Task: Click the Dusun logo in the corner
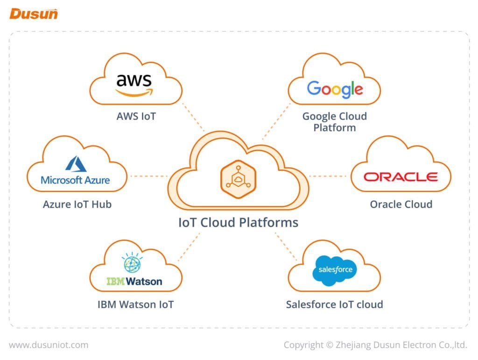coord(34,14)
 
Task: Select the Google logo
coord(335,89)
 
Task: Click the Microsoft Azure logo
coord(75,171)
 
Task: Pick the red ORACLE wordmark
coord(401,177)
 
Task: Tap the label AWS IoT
coord(136,116)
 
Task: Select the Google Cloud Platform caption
coord(335,122)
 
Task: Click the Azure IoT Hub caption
coord(77,204)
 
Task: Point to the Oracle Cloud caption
coord(401,204)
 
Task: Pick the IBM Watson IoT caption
coord(135,305)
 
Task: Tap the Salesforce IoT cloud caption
coord(334,305)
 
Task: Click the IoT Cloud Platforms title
coord(238,222)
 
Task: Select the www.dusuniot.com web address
coord(49,345)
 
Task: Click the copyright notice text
coord(375,345)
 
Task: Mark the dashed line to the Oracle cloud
coord(330,176)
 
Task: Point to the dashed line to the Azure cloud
coord(148,176)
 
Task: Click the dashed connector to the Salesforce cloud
coord(286,246)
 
